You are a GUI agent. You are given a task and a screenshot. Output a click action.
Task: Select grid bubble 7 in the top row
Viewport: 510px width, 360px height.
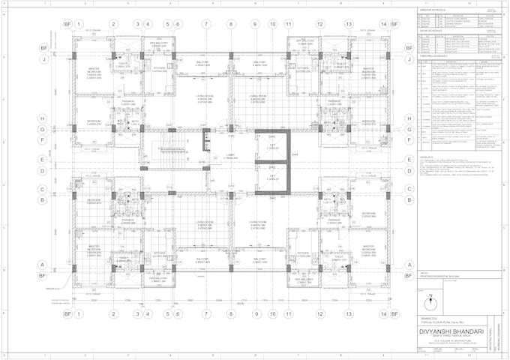(x=206, y=24)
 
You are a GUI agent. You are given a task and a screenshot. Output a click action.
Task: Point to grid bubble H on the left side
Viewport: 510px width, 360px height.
(x=43, y=118)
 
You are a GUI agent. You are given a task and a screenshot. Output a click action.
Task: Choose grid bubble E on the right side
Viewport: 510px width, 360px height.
(x=409, y=159)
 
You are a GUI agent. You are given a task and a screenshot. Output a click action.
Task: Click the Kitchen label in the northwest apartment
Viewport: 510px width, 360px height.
(x=160, y=68)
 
